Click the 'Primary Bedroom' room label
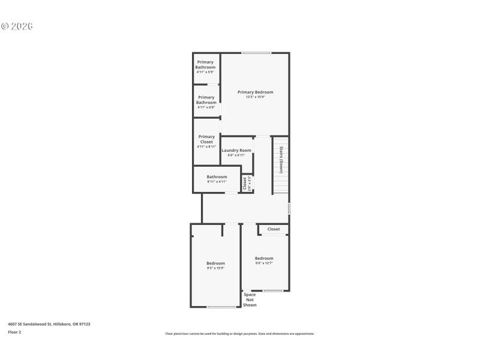coord(255,92)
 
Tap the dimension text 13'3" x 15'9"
coord(255,97)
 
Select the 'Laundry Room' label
coord(236,150)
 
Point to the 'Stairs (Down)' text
coord(281,159)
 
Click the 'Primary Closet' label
coord(206,139)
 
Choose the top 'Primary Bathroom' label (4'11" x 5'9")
coord(205,64)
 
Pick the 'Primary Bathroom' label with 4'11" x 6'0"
coord(206,100)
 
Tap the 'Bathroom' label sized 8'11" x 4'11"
coord(217,176)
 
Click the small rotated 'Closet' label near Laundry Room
coord(245,183)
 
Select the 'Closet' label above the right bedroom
coord(274,229)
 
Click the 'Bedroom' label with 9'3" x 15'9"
coord(215,263)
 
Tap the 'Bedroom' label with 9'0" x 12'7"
coord(264,259)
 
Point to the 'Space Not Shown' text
coord(250,299)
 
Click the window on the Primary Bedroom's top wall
coord(256,53)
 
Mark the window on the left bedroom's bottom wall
coord(221,307)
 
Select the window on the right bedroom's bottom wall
coord(273,291)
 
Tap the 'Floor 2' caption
coord(14,332)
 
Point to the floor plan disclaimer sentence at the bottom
coord(240,334)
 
